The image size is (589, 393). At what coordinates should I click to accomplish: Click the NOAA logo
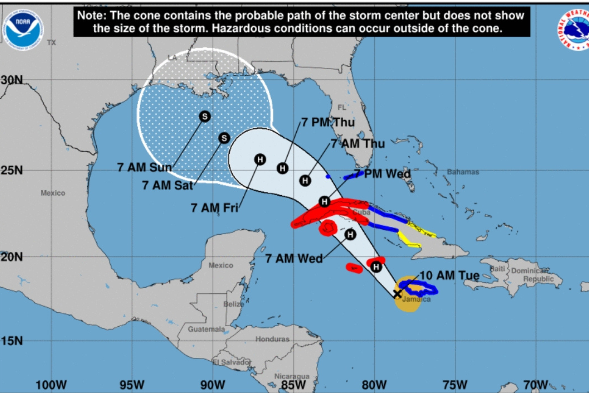pyautogui.click(x=23, y=30)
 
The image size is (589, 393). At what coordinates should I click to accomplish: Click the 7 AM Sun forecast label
pyautogui.click(x=145, y=167)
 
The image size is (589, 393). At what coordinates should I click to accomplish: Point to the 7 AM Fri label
pyautogui.click(x=214, y=208)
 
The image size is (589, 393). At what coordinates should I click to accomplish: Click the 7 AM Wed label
pyautogui.click(x=294, y=259)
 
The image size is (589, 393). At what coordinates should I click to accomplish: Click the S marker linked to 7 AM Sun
pyautogui.click(x=205, y=117)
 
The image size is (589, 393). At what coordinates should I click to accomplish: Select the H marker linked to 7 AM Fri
pyautogui.click(x=260, y=160)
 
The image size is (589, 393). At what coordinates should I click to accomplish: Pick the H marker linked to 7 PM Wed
pyautogui.click(x=325, y=202)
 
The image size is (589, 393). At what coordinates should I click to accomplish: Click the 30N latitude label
pyautogui.click(x=12, y=80)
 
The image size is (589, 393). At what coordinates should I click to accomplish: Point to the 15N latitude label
pyautogui.click(x=12, y=341)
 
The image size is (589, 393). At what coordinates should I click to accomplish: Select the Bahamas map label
pyautogui.click(x=463, y=172)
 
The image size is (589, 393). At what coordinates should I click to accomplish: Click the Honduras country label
pyautogui.click(x=272, y=339)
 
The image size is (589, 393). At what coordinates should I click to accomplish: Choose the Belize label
pyautogui.click(x=233, y=304)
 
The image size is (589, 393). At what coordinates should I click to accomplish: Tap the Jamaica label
pyautogui.click(x=416, y=299)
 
